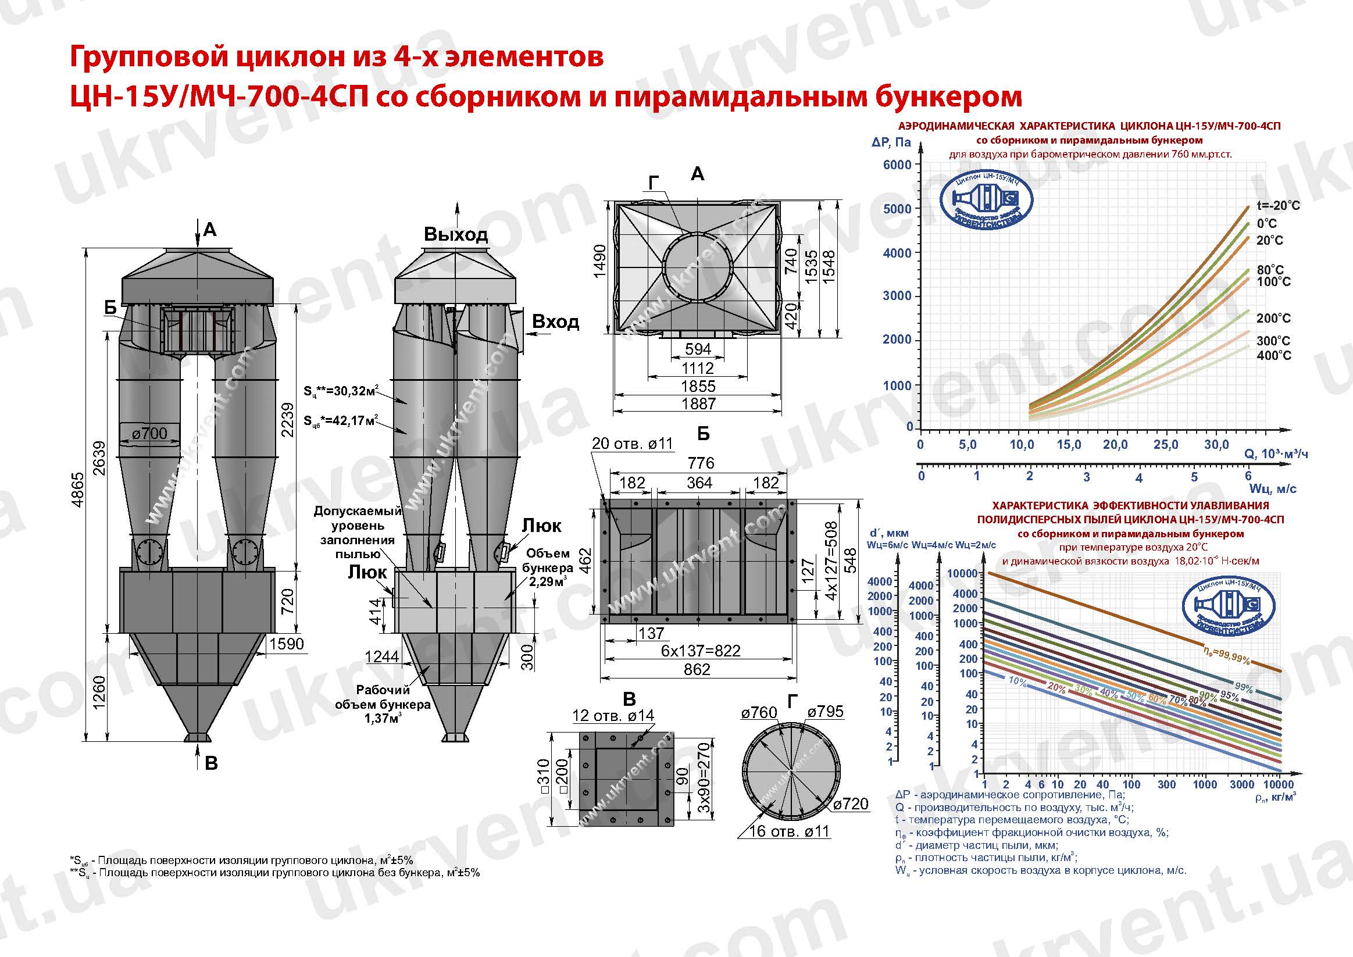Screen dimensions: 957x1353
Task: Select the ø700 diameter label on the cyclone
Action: coord(149,434)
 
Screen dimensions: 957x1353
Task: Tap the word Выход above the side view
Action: coord(455,234)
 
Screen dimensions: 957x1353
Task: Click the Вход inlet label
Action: coord(555,322)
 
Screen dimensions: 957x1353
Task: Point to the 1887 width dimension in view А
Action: coord(698,404)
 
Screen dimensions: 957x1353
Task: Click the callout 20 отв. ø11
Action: coord(632,444)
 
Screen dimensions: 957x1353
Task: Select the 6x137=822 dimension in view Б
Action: coord(700,651)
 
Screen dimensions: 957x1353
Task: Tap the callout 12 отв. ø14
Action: coord(613,715)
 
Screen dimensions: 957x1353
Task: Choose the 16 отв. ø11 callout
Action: coord(788,831)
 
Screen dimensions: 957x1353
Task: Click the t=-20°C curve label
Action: coord(1277,206)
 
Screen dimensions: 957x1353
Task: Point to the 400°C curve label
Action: coord(1273,355)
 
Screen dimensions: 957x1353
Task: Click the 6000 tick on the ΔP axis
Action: coord(897,165)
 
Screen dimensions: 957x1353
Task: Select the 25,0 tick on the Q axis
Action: coord(1165,444)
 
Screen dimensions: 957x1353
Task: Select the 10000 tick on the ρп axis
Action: coord(1279,784)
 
